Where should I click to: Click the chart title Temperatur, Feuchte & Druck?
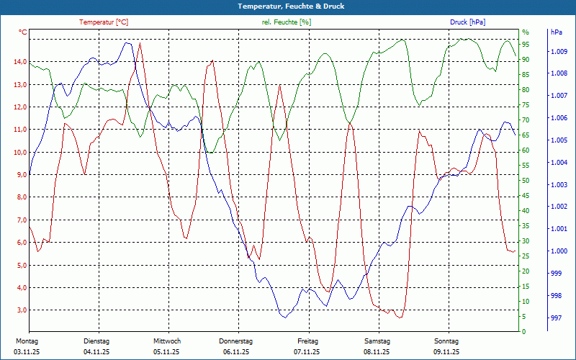[288, 6]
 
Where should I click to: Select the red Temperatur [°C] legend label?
[104, 22]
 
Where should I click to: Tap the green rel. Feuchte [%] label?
[287, 22]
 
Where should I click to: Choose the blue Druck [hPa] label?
[467, 22]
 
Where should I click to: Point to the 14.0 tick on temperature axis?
[20, 62]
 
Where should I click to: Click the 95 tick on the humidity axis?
[526, 44]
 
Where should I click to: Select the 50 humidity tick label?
[526, 181]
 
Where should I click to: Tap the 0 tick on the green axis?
[523, 332]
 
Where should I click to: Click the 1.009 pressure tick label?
[558, 52]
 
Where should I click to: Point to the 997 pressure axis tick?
[556, 318]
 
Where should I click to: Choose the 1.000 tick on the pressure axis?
[558, 251]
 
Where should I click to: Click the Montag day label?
[27, 341]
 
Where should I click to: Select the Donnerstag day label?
[236, 341]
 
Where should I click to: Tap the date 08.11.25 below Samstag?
[376, 352]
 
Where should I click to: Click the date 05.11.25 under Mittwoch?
[166, 352]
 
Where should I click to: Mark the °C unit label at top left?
[23, 32]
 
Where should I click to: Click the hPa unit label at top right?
[556, 32]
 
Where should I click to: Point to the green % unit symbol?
[525, 32]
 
